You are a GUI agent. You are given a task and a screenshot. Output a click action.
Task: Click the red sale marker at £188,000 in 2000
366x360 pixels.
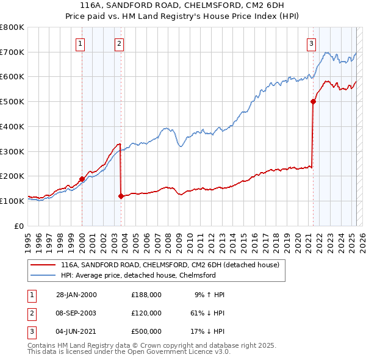click(82, 179)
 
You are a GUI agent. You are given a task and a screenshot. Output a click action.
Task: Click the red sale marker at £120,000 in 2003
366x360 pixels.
click(121, 196)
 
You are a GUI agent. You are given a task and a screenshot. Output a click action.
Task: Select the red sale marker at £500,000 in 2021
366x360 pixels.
click(313, 102)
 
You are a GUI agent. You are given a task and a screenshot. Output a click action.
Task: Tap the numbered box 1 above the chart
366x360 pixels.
click(81, 43)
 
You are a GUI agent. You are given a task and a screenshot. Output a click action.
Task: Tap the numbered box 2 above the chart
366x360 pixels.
click(119, 43)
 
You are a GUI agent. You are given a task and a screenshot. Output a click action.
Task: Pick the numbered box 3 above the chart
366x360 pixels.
click(311, 43)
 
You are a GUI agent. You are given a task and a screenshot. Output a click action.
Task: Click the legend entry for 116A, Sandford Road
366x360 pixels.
click(170, 265)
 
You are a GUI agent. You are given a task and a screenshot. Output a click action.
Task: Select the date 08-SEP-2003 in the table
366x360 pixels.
click(76, 312)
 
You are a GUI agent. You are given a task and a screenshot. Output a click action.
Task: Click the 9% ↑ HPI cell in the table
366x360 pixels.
click(209, 295)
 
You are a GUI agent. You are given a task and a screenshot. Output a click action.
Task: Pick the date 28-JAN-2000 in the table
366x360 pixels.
click(76, 295)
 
